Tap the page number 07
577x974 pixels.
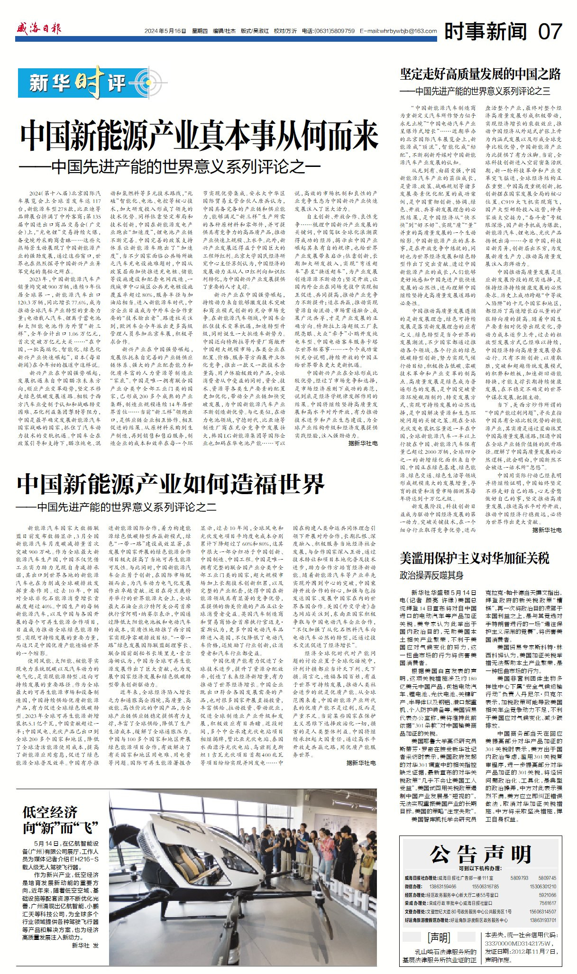click(x=550, y=31)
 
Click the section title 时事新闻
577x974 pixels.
click(x=485, y=31)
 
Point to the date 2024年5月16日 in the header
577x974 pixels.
click(x=165, y=31)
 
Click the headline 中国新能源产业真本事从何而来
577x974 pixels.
click(x=199, y=137)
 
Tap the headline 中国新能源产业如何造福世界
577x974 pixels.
click(x=171, y=484)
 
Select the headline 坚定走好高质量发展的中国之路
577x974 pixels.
click(x=480, y=74)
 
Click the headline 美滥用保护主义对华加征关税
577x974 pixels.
click(x=474, y=558)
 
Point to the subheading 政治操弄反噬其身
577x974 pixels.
click(x=431, y=575)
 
